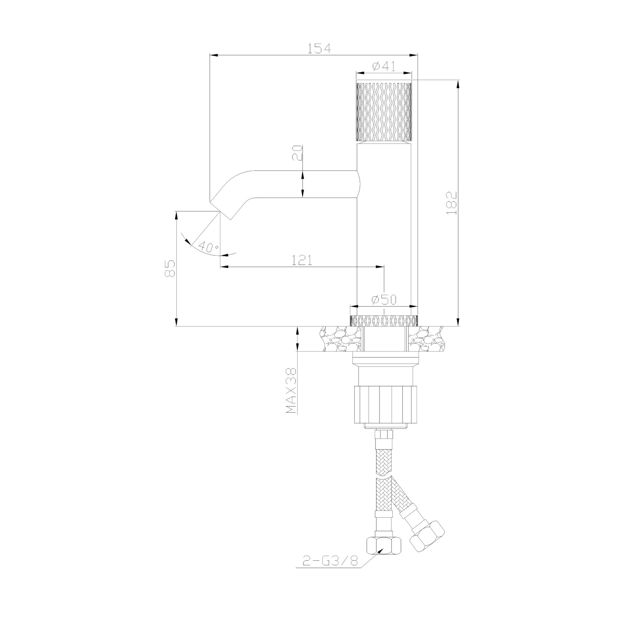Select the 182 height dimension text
(x=451, y=203)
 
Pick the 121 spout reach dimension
(x=302, y=260)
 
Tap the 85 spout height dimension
(x=170, y=268)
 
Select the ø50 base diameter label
(x=384, y=300)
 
